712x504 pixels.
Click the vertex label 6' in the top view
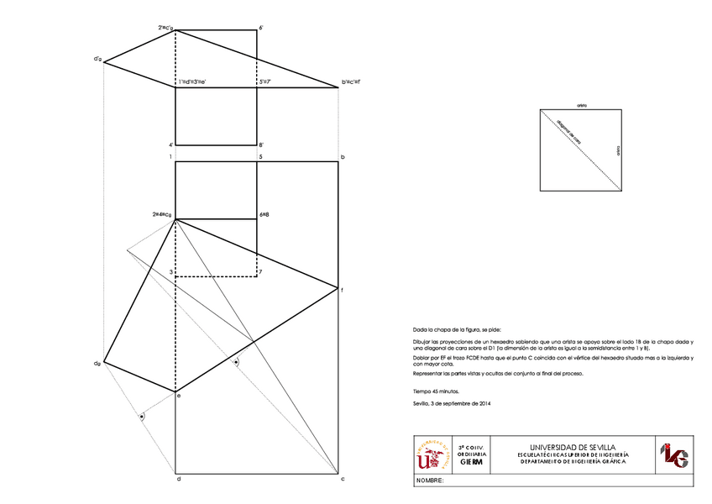click(x=262, y=28)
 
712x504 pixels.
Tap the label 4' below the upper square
click(x=171, y=144)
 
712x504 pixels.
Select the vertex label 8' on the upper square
click(x=262, y=144)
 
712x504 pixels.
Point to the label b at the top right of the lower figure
click(x=343, y=157)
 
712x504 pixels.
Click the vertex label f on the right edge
click(x=343, y=290)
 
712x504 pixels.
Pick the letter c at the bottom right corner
click(x=343, y=479)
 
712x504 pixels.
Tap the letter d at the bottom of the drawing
click(x=178, y=479)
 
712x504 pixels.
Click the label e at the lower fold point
click(x=179, y=395)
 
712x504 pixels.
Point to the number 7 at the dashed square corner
click(x=261, y=272)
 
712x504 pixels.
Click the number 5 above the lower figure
click(x=260, y=157)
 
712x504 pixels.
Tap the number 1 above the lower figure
click(x=170, y=157)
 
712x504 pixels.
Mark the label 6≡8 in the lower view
click(x=264, y=215)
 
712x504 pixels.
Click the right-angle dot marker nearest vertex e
click(x=142, y=416)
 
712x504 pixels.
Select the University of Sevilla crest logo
click(x=432, y=454)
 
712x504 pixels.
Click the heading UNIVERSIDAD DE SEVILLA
click(x=574, y=447)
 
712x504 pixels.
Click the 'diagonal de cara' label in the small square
click(x=568, y=132)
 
